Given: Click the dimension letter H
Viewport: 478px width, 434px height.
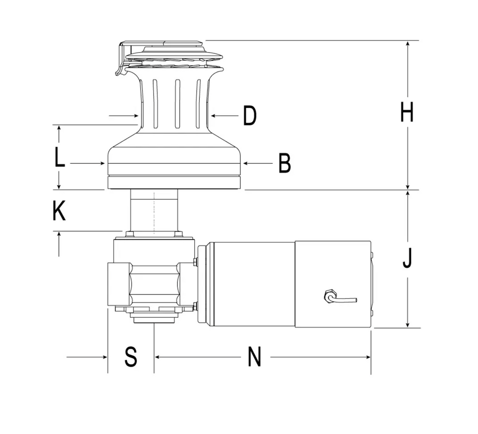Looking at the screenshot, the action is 407,112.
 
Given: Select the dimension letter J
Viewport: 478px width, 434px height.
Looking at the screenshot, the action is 407,259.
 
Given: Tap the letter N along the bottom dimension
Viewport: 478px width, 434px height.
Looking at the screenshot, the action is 254,357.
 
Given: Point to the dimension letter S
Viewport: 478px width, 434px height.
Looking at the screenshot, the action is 131,357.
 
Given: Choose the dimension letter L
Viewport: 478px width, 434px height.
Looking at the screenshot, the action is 60,157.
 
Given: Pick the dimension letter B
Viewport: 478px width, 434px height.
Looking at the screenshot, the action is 285,163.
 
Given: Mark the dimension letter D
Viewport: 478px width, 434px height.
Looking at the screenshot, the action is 250,116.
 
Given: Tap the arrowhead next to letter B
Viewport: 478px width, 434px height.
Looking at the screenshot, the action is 246,164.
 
